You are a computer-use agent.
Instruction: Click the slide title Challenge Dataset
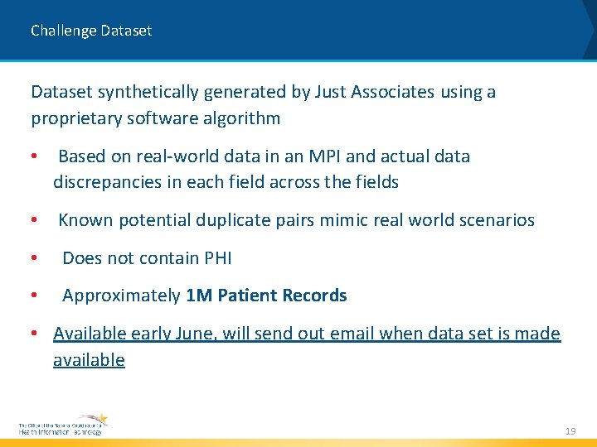(x=91, y=31)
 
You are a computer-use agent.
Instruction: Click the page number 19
(x=570, y=431)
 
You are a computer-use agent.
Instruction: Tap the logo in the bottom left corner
(x=63, y=425)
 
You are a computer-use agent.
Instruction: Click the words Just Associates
(x=374, y=92)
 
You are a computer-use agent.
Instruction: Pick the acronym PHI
(x=218, y=258)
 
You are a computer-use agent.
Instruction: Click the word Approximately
(x=121, y=296)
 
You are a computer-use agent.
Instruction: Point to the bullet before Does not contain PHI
(x=34, y=258)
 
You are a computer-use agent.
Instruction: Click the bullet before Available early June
(x=34, y=334)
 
